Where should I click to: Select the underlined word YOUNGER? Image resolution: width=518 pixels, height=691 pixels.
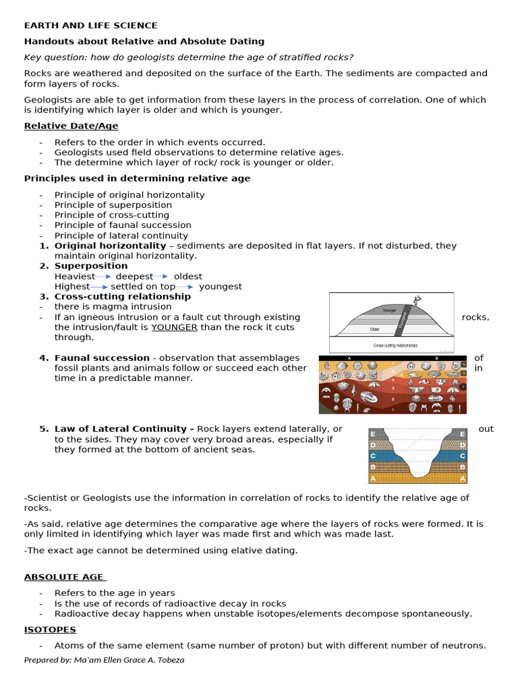174,327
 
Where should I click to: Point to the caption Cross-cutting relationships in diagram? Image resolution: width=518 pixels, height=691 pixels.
395,345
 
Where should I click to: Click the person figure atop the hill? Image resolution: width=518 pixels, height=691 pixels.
418,300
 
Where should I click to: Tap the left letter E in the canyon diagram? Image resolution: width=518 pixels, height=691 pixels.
373,433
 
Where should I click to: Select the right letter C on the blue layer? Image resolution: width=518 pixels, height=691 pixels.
462,456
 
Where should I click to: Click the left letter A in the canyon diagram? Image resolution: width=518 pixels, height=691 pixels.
373,478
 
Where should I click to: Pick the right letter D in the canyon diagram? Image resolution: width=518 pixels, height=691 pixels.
462,445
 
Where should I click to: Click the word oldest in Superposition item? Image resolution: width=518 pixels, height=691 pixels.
188,277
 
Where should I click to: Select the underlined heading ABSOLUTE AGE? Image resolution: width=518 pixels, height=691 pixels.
65,577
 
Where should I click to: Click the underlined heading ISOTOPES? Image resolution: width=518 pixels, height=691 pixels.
50,630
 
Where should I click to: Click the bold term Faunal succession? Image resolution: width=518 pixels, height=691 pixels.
102,358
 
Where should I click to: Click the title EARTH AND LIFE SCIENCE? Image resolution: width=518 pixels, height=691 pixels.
90,26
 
